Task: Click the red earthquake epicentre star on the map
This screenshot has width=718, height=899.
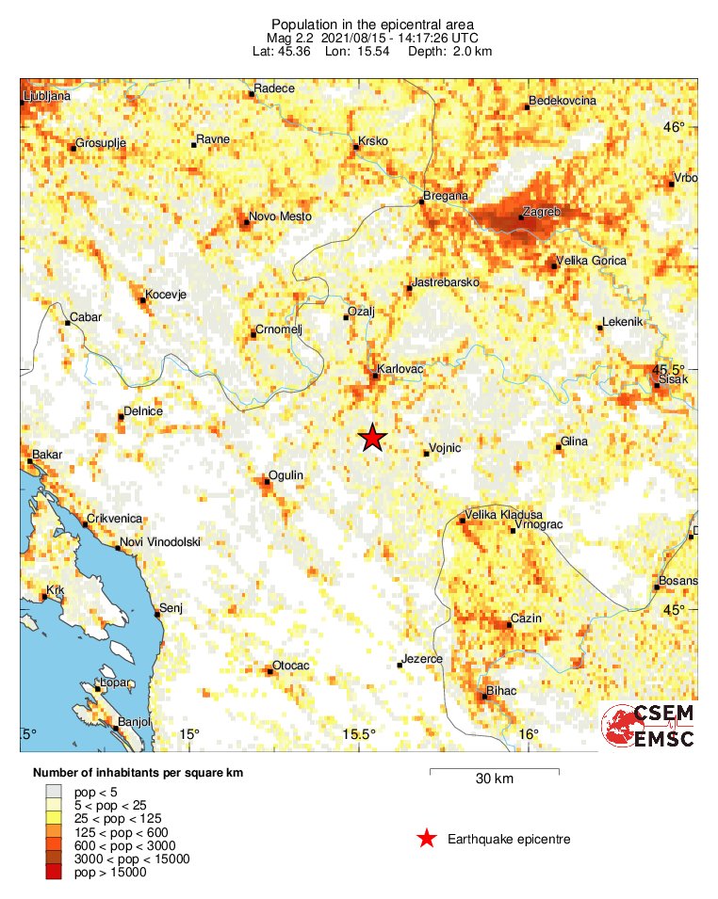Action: coord(373,438)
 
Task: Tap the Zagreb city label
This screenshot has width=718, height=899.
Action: coord(542,213)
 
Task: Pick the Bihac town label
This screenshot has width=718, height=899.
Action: coord(500,692)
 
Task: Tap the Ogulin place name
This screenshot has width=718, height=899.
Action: coord(286,475)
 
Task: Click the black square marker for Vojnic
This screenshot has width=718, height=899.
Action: coord(426,454)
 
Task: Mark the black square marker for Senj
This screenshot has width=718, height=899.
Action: coord(157,614)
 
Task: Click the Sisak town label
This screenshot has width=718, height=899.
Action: coord(675,378)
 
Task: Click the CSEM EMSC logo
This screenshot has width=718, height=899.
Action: coord(650,727)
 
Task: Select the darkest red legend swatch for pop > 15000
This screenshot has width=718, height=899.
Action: coord(54,874)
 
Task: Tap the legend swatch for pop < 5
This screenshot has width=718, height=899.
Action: coord(54,793)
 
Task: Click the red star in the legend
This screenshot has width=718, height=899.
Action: coord(427,839)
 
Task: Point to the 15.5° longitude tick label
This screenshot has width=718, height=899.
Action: coord(358,734)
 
